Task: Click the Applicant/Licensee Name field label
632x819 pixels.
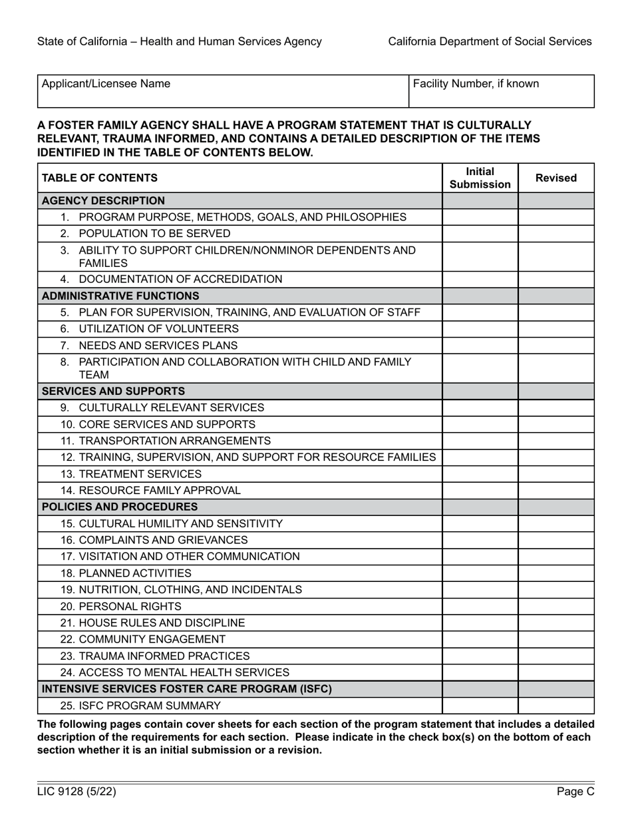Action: pyautogui.click(x=106, y=84)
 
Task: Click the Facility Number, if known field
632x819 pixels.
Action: pyautogui.click(x=501, y=91)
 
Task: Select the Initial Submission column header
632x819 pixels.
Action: pyautogui.click(x=480, y=178)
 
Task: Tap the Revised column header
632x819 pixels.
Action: pyautogui.click(x=555, y=178)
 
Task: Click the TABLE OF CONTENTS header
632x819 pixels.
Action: pyautogui.click(x=100, y=178)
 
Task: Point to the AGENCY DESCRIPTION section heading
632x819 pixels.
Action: pyautogui.click(x=103, y=200)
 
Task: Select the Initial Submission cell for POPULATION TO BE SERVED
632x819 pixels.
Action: pyautogui.click(x=480, y=234)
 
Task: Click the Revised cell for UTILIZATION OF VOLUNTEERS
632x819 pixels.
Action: pyautogui.click(x=555, y=329)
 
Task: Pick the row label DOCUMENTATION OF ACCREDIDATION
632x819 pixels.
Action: pyautogui.click(x=180, y=279)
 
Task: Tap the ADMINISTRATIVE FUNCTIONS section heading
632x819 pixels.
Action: pyautogui.click(x=120, y=296)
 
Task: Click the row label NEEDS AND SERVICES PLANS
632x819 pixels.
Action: pyautogui.click(x=158, y=346)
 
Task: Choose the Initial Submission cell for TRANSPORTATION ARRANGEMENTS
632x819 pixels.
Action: pyautogui.click(x=480, y=441)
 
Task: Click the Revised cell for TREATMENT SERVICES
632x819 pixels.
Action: pyautogui.click(x=555, y=474)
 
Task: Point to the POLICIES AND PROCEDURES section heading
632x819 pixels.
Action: pyautogui.click(x=120, y=507)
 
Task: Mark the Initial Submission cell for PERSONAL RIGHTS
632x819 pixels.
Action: pyautogui.click(x=480, y=607)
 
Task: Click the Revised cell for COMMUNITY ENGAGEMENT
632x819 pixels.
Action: pyautogui.click(x=555, y=639)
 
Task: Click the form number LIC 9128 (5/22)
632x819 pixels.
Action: pyautogui.click(x=72, y=792)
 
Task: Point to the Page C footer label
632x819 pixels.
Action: pyautogui.click(x=575, y=792)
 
